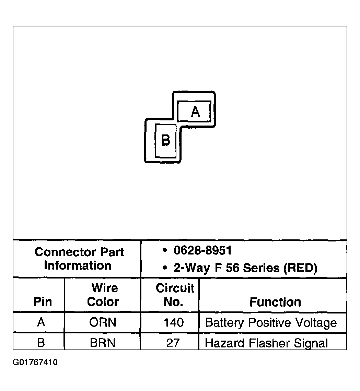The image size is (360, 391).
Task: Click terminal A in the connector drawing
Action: (195, 111)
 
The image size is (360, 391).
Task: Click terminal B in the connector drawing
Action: (165, 140)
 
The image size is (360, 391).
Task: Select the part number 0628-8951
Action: (202, 250)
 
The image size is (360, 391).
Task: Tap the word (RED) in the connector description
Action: (301, 268)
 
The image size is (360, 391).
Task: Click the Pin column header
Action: (43, 302)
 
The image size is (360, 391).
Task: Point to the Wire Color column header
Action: (103, 295)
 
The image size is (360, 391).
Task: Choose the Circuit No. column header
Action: (175, 295)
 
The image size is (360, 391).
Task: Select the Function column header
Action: (275, 302)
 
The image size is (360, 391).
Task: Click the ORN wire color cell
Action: (103, 322)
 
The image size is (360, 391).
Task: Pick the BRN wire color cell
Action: (103, 343)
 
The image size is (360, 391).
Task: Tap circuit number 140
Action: (174, 322)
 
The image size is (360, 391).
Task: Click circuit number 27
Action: (173, 343)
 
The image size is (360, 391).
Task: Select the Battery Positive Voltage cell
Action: (271, 323)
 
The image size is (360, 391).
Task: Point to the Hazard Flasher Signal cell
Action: (266, 343)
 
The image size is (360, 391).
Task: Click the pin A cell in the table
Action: (41, 322)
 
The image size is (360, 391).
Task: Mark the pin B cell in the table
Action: (41, 343)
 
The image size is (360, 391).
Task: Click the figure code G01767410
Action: (35, 363)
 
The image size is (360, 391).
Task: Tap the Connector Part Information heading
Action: (79, 259)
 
